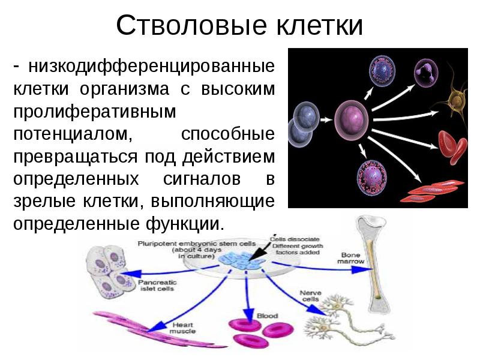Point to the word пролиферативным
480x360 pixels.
(x=95, y=111)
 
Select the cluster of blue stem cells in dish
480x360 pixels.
(x=243, y=258)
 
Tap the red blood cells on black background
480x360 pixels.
(x=451, y=144)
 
